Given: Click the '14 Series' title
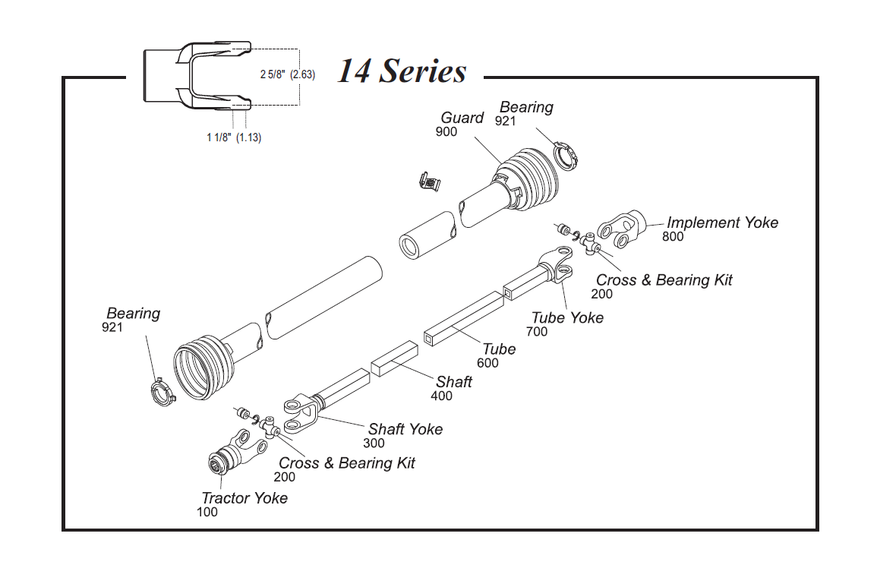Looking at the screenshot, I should tap(402, 71).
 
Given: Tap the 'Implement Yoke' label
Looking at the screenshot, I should tap(722, 223).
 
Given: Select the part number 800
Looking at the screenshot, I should tap(673, 236).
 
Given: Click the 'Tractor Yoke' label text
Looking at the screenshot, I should tap(244, 498).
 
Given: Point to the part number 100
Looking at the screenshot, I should tap(207, 512).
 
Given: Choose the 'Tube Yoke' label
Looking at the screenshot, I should tap(567, 317).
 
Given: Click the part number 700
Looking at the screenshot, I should tap(537, 331).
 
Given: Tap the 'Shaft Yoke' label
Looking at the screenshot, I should tap(405, 429).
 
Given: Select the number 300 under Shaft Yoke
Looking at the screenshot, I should tap(374, 443).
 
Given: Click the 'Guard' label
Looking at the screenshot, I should tap(462, 118).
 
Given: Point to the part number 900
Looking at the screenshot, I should tap(446, 131).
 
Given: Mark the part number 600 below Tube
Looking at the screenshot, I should tap(488, 363).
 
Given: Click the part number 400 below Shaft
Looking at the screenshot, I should tap(441, 396).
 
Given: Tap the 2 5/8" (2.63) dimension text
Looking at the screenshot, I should tap(287, 74).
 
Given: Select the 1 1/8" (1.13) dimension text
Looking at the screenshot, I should tap(234, 137).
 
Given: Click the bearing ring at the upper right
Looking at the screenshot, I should tap(566, 156).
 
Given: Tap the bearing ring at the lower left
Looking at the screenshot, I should tap(161, 393).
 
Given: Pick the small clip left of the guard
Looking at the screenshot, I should tap(430, 182).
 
